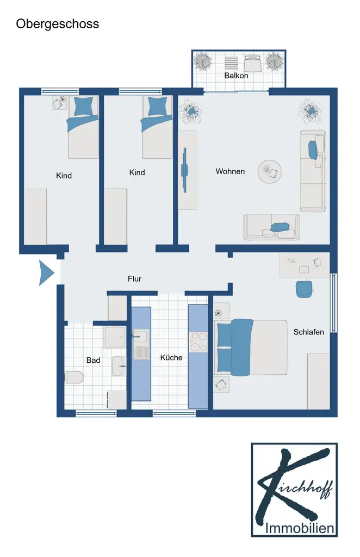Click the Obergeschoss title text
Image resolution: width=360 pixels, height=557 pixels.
58,24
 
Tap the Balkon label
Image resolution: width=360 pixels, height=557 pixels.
236,76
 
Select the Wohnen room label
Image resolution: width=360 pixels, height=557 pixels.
230,171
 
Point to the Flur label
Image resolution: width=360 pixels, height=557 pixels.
134,279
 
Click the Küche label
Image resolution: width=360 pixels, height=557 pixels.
171,357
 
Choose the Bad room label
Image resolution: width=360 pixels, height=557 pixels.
93,360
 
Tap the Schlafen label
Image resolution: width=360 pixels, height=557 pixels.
308,332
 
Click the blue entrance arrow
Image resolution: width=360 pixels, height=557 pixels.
46,273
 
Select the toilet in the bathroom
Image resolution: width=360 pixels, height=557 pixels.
74,377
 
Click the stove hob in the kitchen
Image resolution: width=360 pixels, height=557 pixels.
198,342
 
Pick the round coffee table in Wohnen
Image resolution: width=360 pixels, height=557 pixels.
270,172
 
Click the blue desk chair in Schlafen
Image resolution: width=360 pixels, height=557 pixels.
305,288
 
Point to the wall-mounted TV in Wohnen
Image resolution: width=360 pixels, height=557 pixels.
184,170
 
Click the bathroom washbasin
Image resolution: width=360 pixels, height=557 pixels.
119,366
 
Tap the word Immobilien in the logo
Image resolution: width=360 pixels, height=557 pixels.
300,528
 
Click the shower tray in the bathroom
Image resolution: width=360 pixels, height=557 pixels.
114,337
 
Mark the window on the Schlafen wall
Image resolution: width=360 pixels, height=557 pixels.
334,302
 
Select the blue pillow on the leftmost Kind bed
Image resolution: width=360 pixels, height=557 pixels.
84,106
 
